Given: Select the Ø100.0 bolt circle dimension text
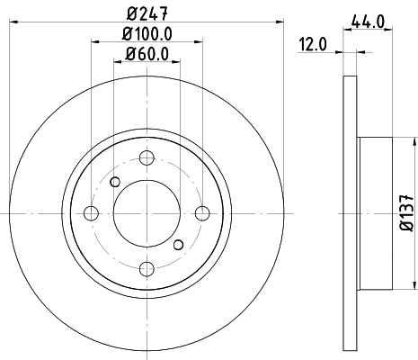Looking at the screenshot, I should click(x=147, y=35).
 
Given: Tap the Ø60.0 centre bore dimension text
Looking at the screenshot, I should click(x=147, y=54).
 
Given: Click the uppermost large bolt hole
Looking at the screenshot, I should click(x=147, y=157).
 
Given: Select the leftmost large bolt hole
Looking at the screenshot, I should click(x=91, y=213).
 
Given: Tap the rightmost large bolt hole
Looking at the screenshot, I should click(x=202, y=213).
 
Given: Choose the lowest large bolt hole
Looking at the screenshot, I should click(x=147, y=268).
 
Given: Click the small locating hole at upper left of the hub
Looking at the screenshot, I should click(x=114, y=183).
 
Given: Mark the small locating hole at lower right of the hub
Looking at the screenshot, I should click(x=178, y=245).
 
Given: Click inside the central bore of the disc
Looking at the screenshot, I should click(x=147, y=213).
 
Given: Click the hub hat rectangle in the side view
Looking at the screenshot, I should click(x=376, y=213).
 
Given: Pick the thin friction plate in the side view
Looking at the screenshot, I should click(x=351, y=213).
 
